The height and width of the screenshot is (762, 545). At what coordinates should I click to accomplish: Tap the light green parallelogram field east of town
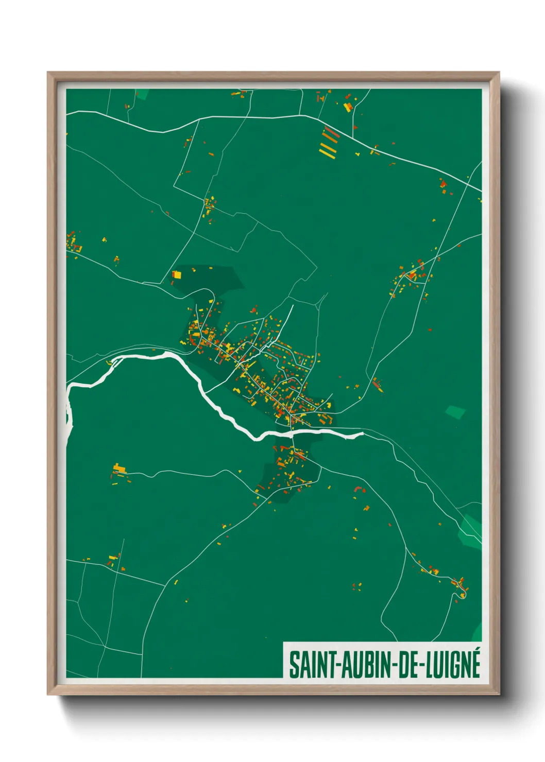tap(455, 412)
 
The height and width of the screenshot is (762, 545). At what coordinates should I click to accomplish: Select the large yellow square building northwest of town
tap(177, 274)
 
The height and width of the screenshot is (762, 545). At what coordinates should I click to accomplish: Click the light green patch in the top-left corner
tap(142, 94)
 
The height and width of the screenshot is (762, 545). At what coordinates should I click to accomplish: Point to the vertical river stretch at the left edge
tap(68, 412)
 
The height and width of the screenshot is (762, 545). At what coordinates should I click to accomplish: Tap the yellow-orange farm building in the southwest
tap(120, 469)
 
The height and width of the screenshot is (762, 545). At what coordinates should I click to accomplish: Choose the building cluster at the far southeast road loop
tap(460, 587)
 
